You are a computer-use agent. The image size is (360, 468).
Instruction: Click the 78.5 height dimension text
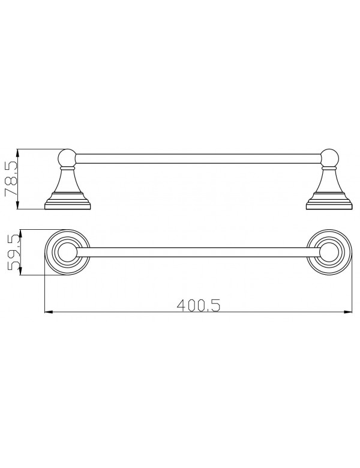coord(10,179)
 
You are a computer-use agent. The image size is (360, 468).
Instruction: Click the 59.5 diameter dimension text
coord(10,252)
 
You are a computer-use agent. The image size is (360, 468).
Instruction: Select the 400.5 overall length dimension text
coord(198,305)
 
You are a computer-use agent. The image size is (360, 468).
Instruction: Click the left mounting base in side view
coord(68,202)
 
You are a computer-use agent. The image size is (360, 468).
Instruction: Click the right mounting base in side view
coord(329,202)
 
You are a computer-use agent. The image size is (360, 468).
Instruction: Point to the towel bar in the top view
coord(198,251)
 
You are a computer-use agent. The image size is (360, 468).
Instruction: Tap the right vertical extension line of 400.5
coord(352,288)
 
